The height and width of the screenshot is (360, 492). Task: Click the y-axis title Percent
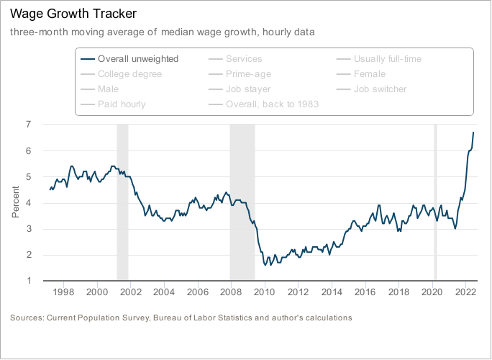pyautogui.click(x=17, y=202)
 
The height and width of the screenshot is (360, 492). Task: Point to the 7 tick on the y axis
pyautogui.click(x=28, y=125)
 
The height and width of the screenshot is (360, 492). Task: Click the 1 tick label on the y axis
pyautogui.click(x=28, y=281)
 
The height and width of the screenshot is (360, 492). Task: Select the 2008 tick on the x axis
pyautogui.click(x=231, y=293)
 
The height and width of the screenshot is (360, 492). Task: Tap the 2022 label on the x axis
pyautogui.click(x=465, y=293)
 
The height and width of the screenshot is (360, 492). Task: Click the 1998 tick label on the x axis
pyautogui.click(x=63, y=293)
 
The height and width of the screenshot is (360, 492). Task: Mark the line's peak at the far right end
pyautogui.click(x=473, y=132)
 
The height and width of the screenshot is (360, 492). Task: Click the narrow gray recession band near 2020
pyautogui.click(x=434, y=202)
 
